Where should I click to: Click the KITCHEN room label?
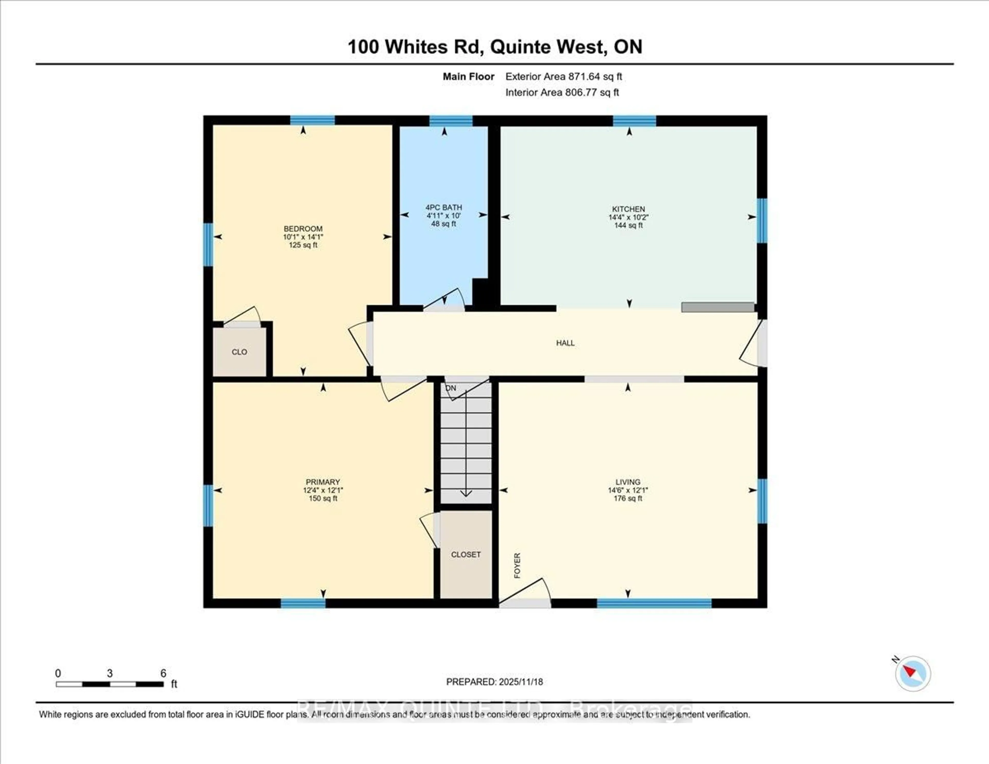pos(628,209)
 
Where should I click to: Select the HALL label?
pos(565,343)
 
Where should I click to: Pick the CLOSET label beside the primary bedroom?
pos(465,554)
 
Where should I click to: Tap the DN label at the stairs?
pos(450,388)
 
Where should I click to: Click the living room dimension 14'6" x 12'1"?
pos(628,490)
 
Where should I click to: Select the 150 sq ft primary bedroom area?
pos(323,498)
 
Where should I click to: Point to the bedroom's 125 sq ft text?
pos(303,245)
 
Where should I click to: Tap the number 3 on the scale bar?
pos(109,673)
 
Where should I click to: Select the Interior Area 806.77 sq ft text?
pos(562,92)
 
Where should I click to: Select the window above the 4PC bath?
pos(450,121)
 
